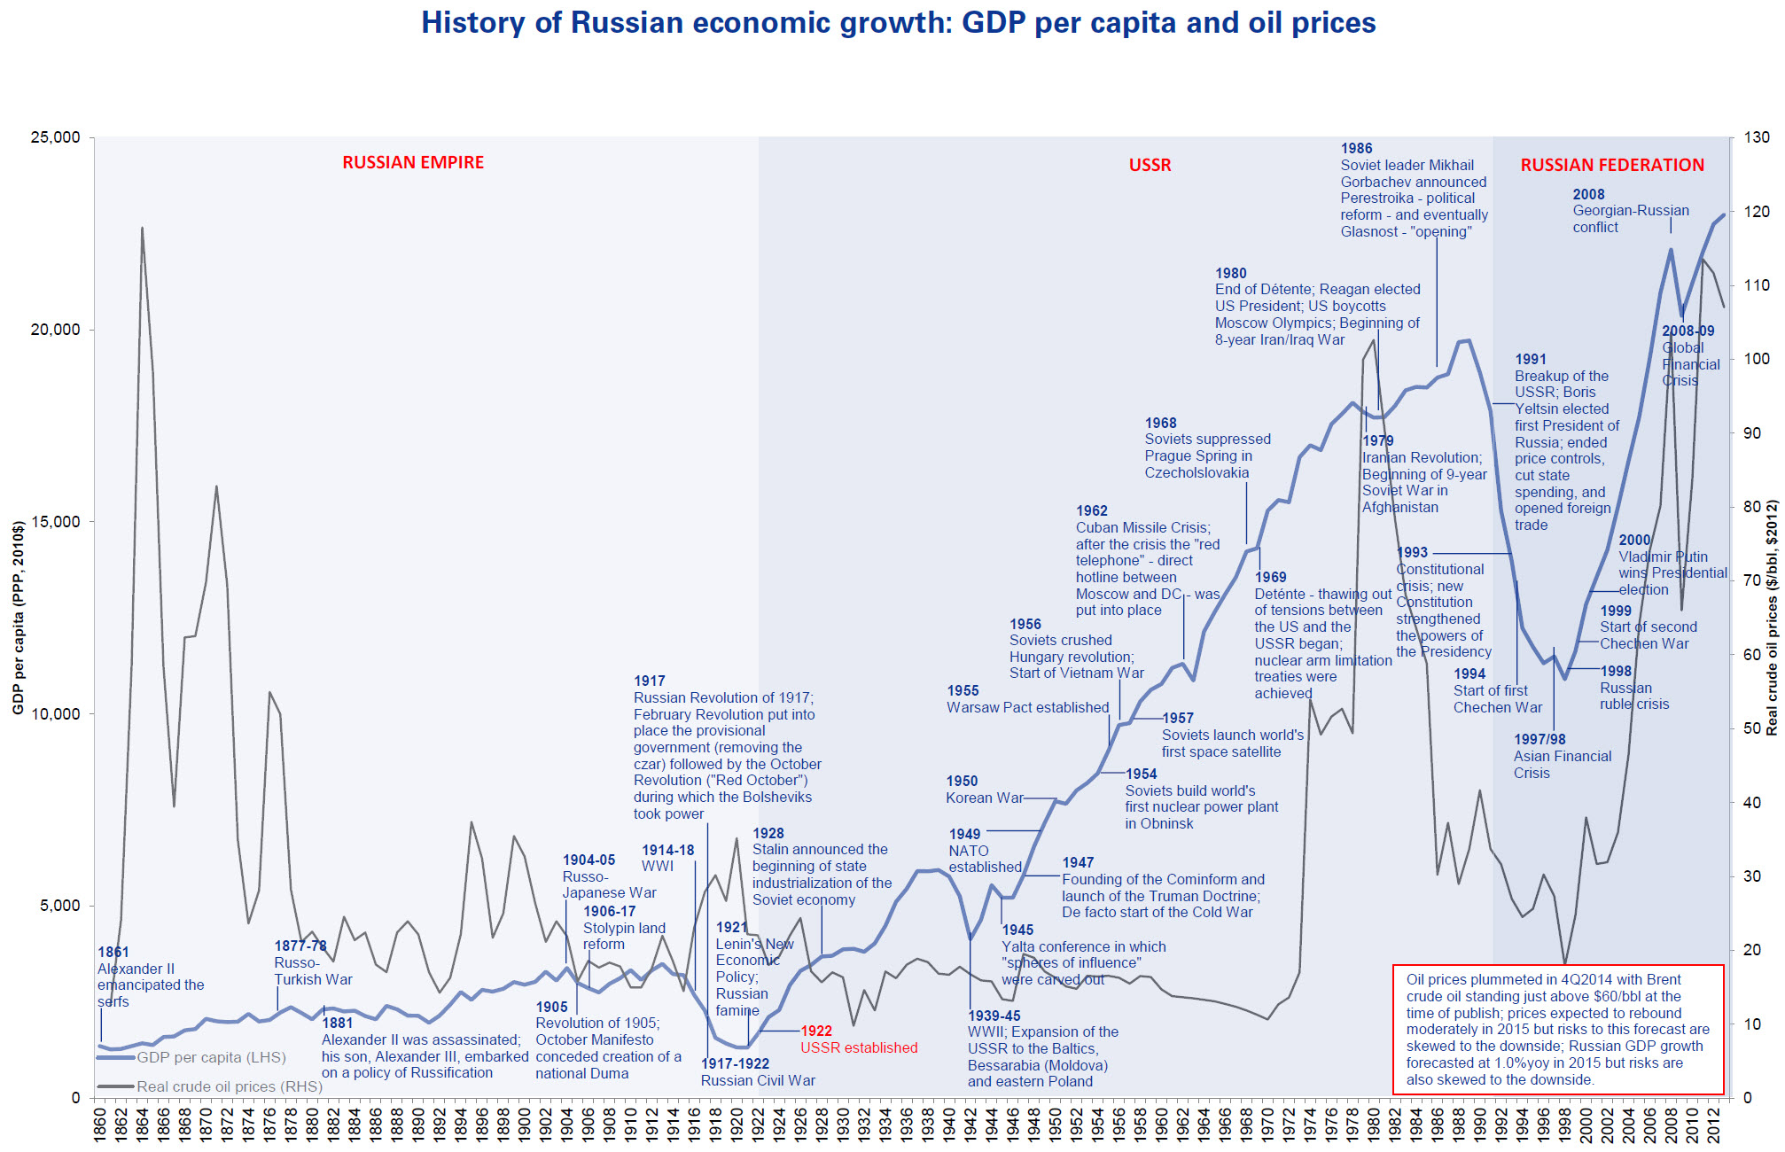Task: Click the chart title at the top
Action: tap(898, 23)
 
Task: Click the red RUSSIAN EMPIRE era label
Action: tap(413, 162)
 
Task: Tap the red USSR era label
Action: tap(1150, 165)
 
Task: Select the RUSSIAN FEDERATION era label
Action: tap(1612, 165)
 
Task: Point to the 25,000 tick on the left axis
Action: tap(55, 137)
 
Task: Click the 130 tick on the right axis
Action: tap(1756, 137)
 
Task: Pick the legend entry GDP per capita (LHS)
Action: tap(211, 1057)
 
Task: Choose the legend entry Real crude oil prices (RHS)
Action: tap(229, 1086)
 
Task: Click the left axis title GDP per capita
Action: tap(18, 618)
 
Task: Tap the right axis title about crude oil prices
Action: tap(1772, 618)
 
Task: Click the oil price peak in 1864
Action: tap(142, 229)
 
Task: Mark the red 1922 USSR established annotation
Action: tap(859, 1039)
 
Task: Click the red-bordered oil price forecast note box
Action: tap(1557, 1029)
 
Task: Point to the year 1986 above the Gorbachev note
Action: tap(1356, 149)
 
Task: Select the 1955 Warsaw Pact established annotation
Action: tap(1027, 699)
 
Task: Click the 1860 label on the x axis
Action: tap(100, 1125)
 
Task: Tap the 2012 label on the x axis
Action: tap(1713, 1125)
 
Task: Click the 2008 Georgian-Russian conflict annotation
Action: tap(1630, 211)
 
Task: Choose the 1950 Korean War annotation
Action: tap(984, 790)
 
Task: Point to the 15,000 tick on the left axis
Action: tap(55, 522)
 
